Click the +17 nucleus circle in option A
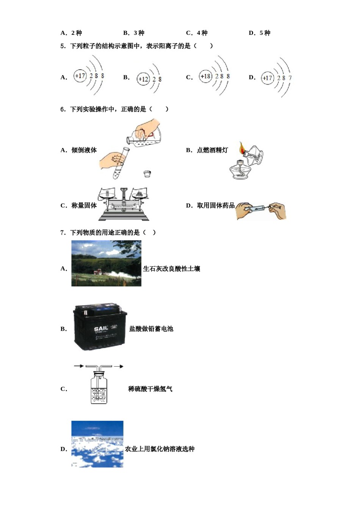pos(80,76)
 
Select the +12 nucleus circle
pos(143,79)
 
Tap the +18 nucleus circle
pos(205,76)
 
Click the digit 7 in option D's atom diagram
pos(290,78)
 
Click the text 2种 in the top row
pos(77,33)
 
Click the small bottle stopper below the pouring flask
pos(147,174)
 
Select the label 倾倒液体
pos(84,150)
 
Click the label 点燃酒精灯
pos(212,150)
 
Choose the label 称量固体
pos(84,205)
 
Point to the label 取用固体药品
pos(216,205)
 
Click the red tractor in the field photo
pos(98,272)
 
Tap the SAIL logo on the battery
pos(101,328)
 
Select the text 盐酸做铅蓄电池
pos(151,329)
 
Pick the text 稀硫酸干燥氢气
pos(150,389)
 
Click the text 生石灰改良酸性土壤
pos(171,269)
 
